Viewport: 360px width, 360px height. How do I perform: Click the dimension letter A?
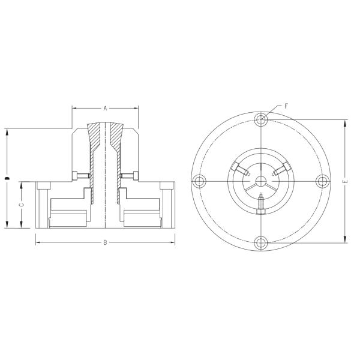[105, 109]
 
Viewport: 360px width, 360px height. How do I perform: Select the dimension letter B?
[105, 242]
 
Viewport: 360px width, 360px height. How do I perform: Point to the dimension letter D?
[7, 178]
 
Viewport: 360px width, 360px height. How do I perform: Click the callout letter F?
[286, 106]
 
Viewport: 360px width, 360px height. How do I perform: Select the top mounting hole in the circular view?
[261, 120]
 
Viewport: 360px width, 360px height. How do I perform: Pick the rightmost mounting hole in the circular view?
[322, 181]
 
